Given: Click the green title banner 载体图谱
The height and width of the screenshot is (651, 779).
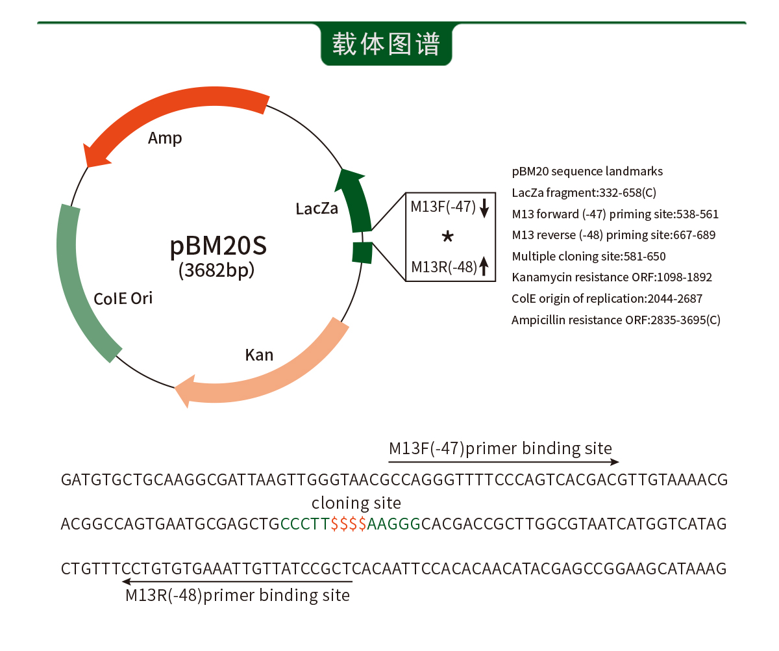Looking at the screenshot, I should pos(386,44).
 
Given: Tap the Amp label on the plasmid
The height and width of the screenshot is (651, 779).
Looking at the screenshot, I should pos(165,138).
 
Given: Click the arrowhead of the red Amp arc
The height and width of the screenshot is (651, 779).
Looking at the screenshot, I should pos(94,155).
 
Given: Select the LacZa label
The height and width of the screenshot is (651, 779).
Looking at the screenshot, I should pos(317,209).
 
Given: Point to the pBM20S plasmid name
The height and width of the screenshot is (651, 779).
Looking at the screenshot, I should pos(217,246).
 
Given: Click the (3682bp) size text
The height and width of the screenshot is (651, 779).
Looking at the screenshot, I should pos(216,270).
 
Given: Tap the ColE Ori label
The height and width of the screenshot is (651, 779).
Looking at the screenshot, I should pos(123,298).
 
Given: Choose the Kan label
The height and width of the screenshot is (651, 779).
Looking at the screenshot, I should pos(259,355).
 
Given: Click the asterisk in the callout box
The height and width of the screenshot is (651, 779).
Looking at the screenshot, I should pos(447,237).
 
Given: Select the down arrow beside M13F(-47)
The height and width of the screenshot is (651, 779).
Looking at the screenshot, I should pos(484,208).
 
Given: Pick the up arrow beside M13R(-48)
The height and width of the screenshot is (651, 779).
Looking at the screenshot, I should pos(484,266).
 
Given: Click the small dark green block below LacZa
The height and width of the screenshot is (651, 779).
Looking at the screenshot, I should pos(362,252).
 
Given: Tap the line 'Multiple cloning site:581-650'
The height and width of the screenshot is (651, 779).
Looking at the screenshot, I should pos(588,256).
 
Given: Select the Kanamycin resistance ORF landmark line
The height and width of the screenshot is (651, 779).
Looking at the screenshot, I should pos(612,277).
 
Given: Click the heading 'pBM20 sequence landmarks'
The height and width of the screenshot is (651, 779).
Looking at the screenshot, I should pos(587,172).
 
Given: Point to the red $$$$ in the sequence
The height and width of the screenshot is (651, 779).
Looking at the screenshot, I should pos(349,524).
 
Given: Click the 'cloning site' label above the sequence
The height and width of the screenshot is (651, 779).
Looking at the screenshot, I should pos(356,503).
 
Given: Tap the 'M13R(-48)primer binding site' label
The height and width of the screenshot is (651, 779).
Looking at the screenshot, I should pos(238,595).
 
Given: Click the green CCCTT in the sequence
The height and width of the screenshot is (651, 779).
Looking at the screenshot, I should pos(305,524).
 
